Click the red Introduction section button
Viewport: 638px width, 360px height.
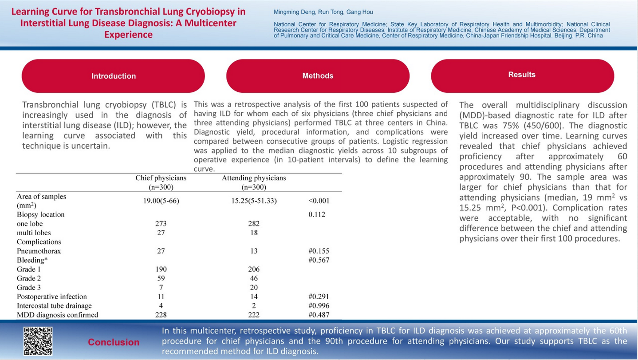click(x=113, y=76)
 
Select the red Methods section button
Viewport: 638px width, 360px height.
click(x=318, y=76)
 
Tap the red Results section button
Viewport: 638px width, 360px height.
click(x=522, y=75)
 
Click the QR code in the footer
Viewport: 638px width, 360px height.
click(x=38, y=341)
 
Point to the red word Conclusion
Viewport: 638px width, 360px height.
click(x=114, y=342)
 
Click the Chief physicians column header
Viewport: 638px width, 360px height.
click(x=161, y=182)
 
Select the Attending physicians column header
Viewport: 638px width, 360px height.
click(x=254, y=182)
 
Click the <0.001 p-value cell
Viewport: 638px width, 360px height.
click(x=319, y=201)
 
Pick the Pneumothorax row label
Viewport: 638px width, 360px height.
click(x=39, y=251)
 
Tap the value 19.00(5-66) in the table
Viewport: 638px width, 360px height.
click(x=161, y=201)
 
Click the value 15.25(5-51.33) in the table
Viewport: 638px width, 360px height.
click(x=254, y=201)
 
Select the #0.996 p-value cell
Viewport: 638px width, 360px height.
click(x=319, y=305)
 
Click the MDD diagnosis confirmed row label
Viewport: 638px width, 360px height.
click(x=57, y=315)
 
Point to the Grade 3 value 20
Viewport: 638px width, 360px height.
click(x=254, y=287)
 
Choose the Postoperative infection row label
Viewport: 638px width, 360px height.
click(x=52, y=297)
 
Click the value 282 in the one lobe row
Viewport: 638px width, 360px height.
click(x=254, y=224)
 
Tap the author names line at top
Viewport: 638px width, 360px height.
click(x=323, y=12)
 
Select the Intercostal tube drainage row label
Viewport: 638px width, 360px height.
click(x=54, y=305)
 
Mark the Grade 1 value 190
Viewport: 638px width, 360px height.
click(x=161, y=269)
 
